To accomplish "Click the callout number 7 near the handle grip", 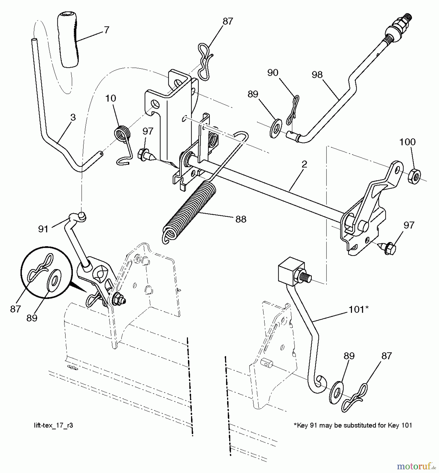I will pos(106,30).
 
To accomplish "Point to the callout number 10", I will pos(110,98).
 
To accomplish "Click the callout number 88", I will pos(241,219).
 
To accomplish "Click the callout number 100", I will pos(407,142).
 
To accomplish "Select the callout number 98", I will pos(317,75).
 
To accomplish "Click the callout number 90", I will pos(273,73).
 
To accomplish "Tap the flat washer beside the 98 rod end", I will pos(276,129).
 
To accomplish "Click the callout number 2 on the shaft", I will pos(304,164).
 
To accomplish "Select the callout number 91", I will pos(43,229).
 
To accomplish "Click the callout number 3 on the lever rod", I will pos(73,117).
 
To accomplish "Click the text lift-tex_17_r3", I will pos(53,425).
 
